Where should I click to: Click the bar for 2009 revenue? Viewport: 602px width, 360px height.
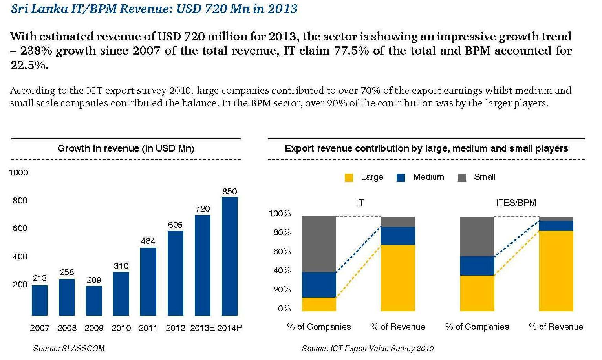[x=94, y=301]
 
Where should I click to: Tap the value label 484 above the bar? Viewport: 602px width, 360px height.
[x=148, y=241]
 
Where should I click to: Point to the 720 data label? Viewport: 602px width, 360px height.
[x=203, y=209]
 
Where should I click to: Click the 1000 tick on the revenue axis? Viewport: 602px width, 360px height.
[x=19, y=173]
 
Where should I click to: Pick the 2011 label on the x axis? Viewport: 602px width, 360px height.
[x=148, y=328]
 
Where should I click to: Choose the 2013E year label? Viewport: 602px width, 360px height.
[x=202, y=328]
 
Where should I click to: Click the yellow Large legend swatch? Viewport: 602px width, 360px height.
[x=349, y=177]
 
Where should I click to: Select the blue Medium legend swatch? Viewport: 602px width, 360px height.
[x=401, y=177]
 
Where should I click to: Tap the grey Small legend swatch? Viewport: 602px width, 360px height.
[x=462, y=177]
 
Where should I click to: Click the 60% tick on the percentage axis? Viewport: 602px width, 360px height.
[x=282, y=252]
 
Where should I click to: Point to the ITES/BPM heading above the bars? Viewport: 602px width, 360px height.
[x=516, y=203]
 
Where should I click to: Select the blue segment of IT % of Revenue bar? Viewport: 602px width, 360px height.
[x=398, y=236]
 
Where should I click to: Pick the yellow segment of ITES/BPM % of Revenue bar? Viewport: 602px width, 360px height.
[x=556, y=271]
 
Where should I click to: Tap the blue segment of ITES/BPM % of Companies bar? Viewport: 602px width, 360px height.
[x=477, y=266]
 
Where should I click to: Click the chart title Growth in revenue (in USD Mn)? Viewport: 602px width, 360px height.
[x=126, y=148]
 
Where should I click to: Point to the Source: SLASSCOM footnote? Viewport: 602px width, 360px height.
[x=69, y=348]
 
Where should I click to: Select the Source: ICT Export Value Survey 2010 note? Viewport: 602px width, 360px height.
[x=368, y=348]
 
